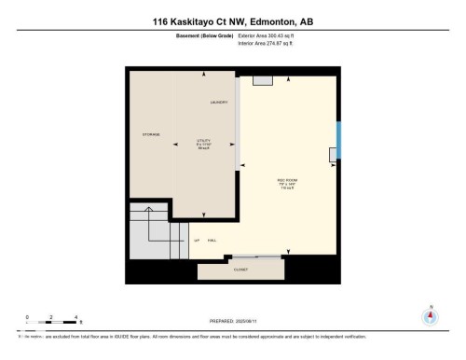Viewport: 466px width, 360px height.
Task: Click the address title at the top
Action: [x=232, y=21]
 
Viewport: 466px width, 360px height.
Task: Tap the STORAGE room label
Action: [x=150, y=134]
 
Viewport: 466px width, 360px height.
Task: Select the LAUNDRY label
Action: [x=219, y=102]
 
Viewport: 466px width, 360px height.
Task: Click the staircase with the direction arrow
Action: [x=153, y=233]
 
